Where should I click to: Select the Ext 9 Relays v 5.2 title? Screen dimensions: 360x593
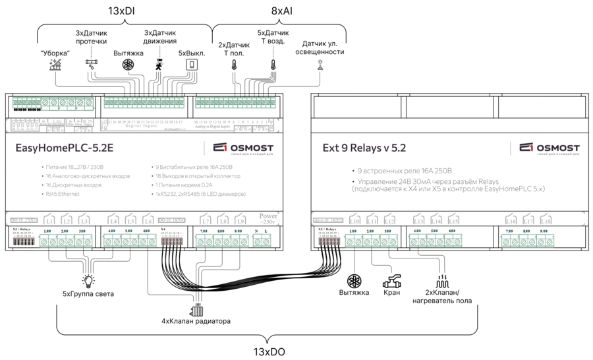click(363, 148)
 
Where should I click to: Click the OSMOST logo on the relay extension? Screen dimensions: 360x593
click(549, 148)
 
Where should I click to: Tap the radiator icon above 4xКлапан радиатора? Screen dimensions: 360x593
click(197, 309)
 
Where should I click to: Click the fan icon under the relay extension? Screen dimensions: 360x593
click(354, 280)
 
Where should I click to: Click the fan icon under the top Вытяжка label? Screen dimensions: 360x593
click(128, 65)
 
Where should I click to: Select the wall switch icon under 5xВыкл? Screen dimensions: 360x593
click(191, 65)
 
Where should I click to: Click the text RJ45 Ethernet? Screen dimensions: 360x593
click(61, 196)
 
